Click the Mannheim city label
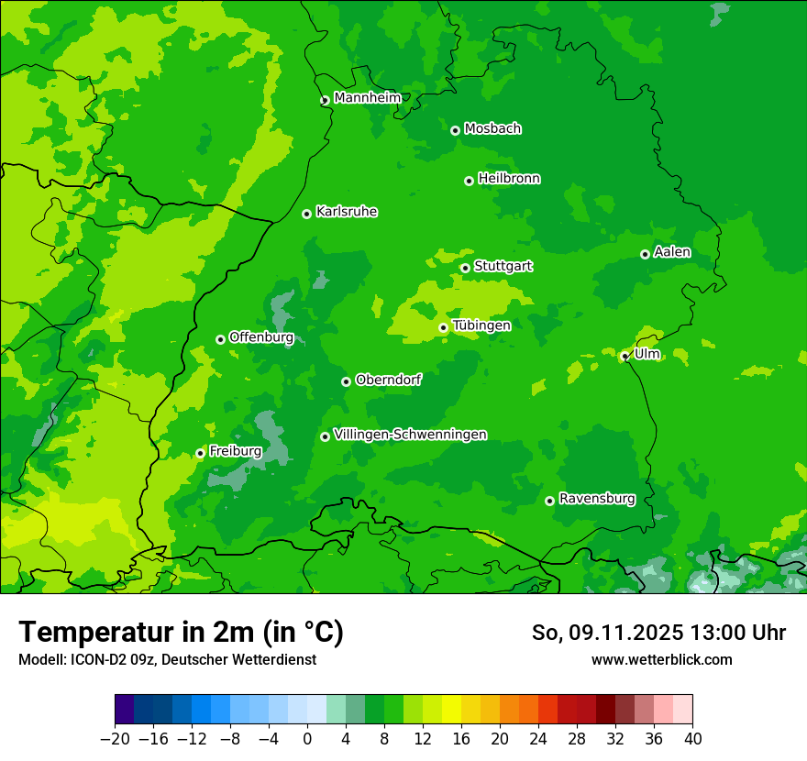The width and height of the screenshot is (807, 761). pos(367,97)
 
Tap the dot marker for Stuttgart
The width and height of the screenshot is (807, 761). pos(465,268)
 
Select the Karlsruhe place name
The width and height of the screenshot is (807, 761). pos(346,212)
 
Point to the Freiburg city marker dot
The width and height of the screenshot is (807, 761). pos(200,453)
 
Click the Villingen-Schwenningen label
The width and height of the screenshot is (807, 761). pos(410,435)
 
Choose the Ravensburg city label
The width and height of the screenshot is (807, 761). pos(596,499)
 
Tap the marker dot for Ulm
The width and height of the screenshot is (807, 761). pos(625,357)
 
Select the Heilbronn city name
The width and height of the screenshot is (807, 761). pos(508,179)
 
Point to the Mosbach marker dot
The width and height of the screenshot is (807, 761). pos(455,130)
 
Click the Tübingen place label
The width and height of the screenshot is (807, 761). pos(481,325)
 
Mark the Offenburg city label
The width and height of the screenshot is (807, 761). pos(260,337)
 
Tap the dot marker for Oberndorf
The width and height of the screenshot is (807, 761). pos(346,381)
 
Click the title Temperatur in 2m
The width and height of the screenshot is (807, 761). pos(181,633)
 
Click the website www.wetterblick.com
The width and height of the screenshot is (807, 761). pos(661,659)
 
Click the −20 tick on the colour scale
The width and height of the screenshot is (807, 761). pos(115,739)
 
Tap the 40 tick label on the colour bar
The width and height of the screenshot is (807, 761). pos(692,739)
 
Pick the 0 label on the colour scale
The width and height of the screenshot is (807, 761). pos(307,739)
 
